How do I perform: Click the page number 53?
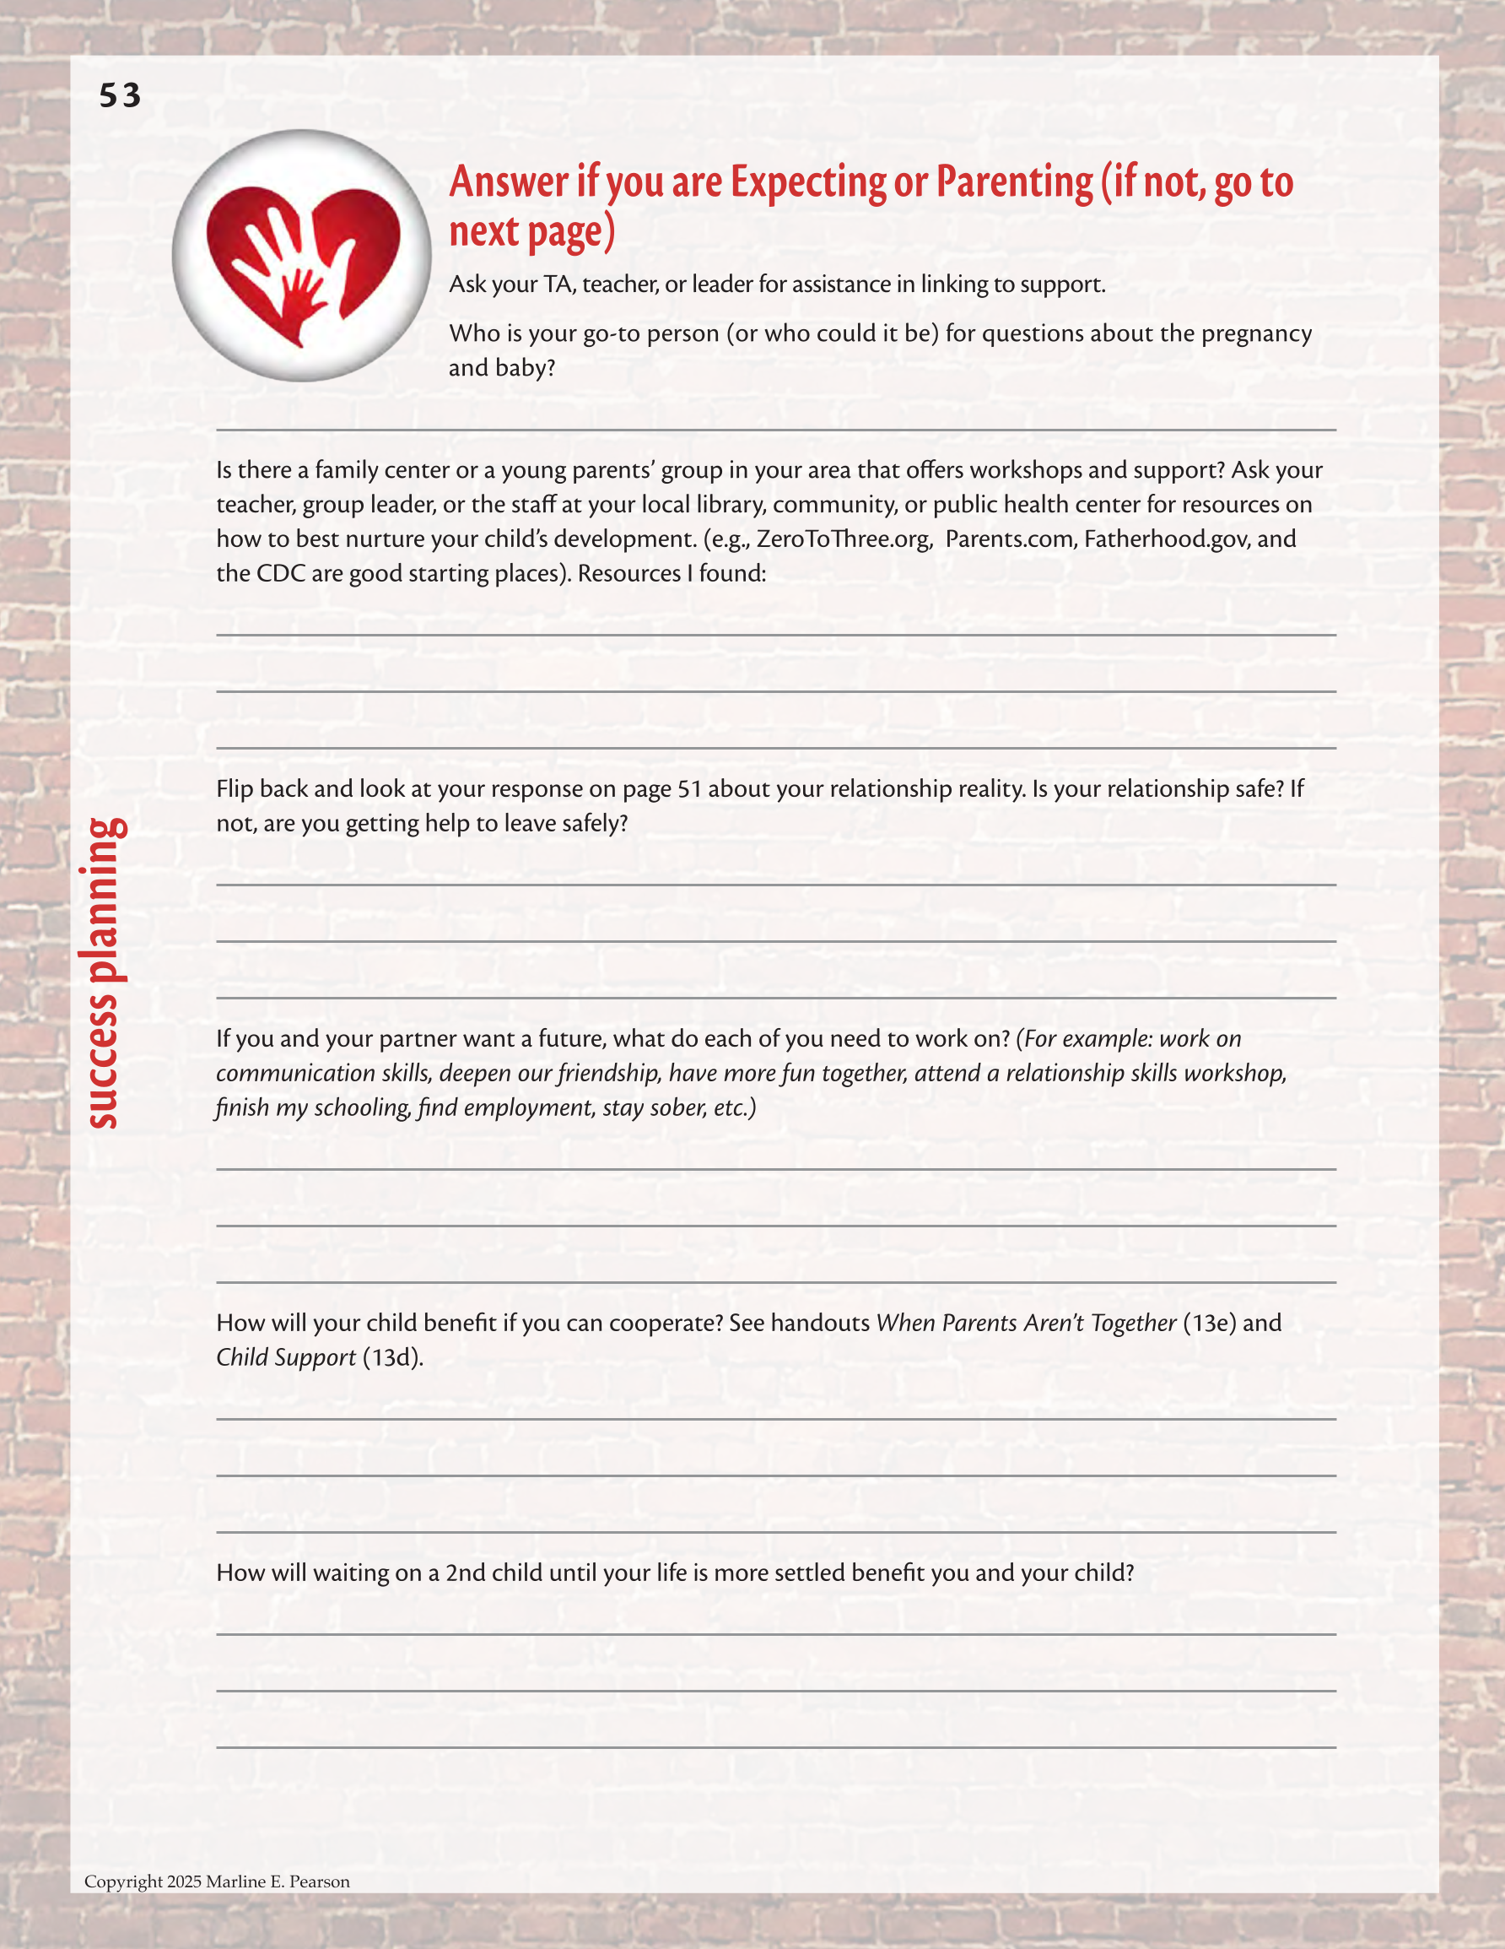(x=120, y=95)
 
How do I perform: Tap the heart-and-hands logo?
(x=301, y=255)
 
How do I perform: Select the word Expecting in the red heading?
(x=808, y=183)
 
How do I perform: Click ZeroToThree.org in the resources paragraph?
(x=842, y=539)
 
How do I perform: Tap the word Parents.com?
(x=1008, y=539)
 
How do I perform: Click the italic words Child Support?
(x=285, y=1357)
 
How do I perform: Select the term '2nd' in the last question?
(x=465, y=1573)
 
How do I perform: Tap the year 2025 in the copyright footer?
(x=184, y=1881)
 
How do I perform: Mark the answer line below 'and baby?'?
(x=775, y=430)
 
